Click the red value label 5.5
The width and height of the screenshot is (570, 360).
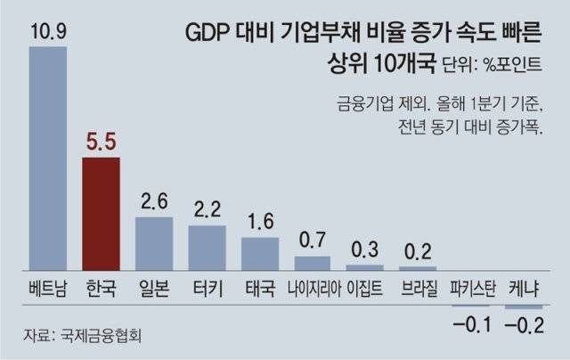(101, 142)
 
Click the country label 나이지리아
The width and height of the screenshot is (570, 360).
(313, 290)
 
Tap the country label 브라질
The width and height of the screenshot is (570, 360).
(419, 290)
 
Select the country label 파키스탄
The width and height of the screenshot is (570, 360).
(472, 290)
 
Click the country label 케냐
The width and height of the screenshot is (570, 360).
(525, 290)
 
